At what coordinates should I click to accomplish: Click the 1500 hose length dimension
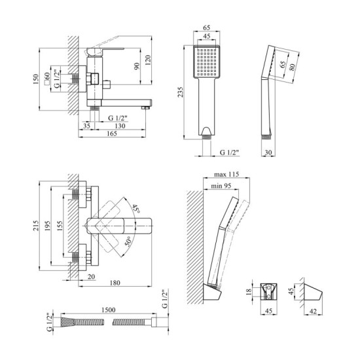pyautogui.click(x=109, y=310)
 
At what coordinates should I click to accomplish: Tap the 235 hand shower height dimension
pyautogui.click(x=181, y=92)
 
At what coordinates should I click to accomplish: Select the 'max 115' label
pyautogui.click(x=226, y=174)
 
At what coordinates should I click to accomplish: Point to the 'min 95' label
pyautogui.click(x=221, y=186)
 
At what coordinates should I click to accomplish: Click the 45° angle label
pyautogui.click(x=135, y=209)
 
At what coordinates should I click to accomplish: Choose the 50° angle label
pyautogui.click(x=129, y=241)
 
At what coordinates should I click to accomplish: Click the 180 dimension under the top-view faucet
pyautogui.click(x=115, y=283)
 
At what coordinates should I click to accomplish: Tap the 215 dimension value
pyautogui.click(x=36, y=226)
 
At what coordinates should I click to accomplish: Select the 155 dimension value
pyautogui.click(x=60, y=226)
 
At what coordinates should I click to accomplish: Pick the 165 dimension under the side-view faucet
pyautogui.click(x=112, y=134)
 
